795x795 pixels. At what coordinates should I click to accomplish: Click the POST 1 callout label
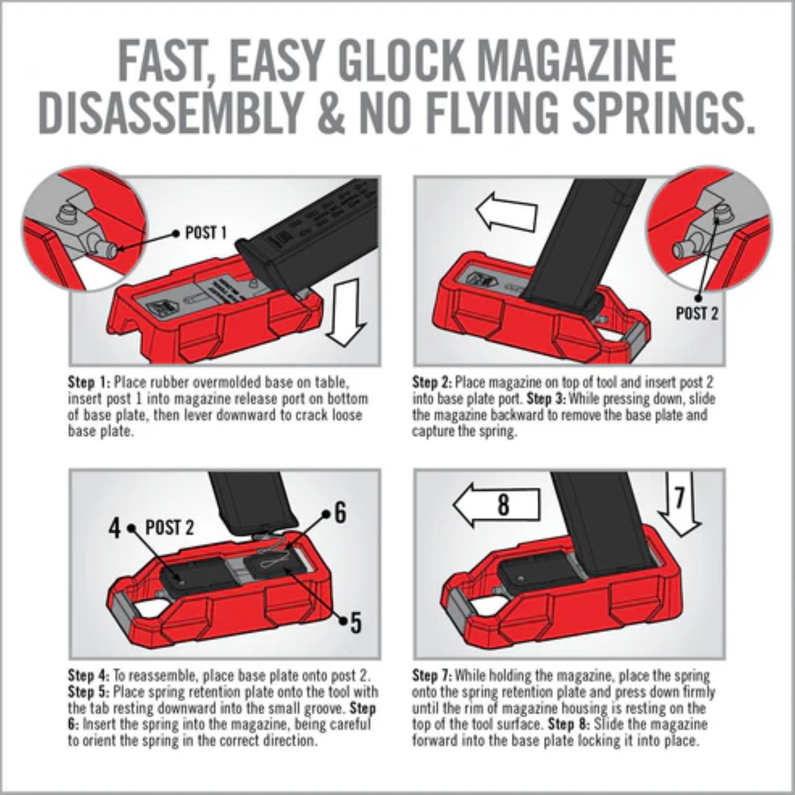[x=205, y=233]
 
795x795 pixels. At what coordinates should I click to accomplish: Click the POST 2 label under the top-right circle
[x=697, y=314]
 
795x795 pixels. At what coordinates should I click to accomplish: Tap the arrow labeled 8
[x=497, y=504]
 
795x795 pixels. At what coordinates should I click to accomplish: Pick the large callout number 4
[x=115, y=528]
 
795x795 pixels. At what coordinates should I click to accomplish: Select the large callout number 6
[x=340, y=513]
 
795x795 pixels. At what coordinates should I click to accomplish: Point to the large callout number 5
[x=356, y=623]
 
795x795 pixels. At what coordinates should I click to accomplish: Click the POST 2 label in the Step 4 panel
[x=170, y=528]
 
